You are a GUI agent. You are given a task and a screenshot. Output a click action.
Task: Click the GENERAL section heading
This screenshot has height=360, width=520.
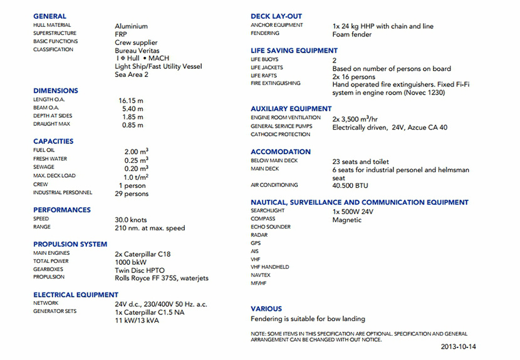click(x=49, y=16)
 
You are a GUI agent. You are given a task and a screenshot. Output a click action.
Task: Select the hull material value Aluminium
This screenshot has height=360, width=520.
click(x=131, y=26)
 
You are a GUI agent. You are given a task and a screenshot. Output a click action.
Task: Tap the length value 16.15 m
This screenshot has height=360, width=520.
click(x=131, y=100)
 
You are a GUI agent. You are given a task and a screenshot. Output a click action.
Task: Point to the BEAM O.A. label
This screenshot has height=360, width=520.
click(x=47, y=108)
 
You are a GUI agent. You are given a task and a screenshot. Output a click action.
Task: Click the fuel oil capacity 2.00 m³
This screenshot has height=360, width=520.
click(x=136, y=151)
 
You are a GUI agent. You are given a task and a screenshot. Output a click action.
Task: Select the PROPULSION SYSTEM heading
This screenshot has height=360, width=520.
click(x=70, y=244)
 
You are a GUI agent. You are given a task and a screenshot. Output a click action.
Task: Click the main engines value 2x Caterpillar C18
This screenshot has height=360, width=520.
click(x=142, y=254)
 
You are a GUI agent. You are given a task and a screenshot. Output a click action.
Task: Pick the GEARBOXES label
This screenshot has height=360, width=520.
click(x=48, y=269)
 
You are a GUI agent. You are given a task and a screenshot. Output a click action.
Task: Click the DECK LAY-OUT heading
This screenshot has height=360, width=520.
click(x=276, y=16)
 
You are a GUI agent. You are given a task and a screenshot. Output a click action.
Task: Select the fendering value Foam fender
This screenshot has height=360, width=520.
click(x=351, y=34)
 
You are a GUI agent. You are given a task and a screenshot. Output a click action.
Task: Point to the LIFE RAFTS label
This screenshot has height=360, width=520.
click(x=264, y=76)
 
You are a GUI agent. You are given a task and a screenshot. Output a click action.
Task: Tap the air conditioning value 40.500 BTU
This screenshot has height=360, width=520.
click(x=350, y=186)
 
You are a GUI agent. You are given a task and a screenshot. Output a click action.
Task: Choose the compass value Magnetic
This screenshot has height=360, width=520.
click(x=347, y=220)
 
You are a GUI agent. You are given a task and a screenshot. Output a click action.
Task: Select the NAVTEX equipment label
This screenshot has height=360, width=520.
click(x=261, y=275)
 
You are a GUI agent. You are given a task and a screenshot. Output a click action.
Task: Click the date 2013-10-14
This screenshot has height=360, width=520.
click(x=462, y=346)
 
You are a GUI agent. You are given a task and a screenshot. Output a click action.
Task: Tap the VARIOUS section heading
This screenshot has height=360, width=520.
click(x=266, y=309)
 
